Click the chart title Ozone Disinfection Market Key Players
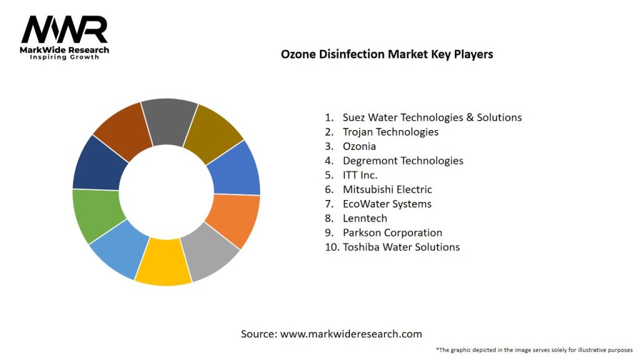tap(387, 54)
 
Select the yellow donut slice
tap(163, 262)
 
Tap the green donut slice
tap(96, 214)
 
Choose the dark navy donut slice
tap(99, 164)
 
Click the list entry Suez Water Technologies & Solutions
tap(432, 117)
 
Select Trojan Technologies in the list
tap(390, 132)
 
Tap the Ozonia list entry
tap(359, 146)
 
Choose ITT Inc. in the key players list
tap(360, 175)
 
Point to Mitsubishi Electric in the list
tap(387, 189)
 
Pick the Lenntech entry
tap(364, 218)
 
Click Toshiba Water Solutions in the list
tap(401, 247)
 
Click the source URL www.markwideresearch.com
tap(351, 334)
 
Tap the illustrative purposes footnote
tap(534, 349)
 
